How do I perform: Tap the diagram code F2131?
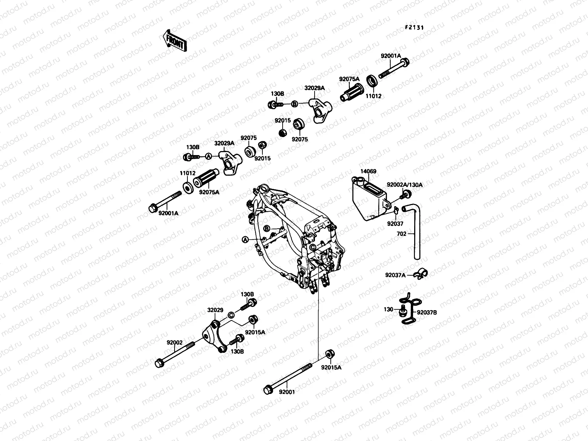click(415, 27)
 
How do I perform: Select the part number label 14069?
click(368, 171)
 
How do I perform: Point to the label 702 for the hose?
click(401, 233)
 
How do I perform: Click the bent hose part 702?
click(415, 232)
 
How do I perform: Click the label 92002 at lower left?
click(174, 343)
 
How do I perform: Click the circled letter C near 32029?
click(231, 315)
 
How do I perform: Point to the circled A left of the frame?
click(245, 240)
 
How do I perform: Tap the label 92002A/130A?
click(404, 185)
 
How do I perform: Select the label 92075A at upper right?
click(349, 79)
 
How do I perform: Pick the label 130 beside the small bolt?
click(388, 310)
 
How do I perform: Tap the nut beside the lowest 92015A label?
click(330, 354)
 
